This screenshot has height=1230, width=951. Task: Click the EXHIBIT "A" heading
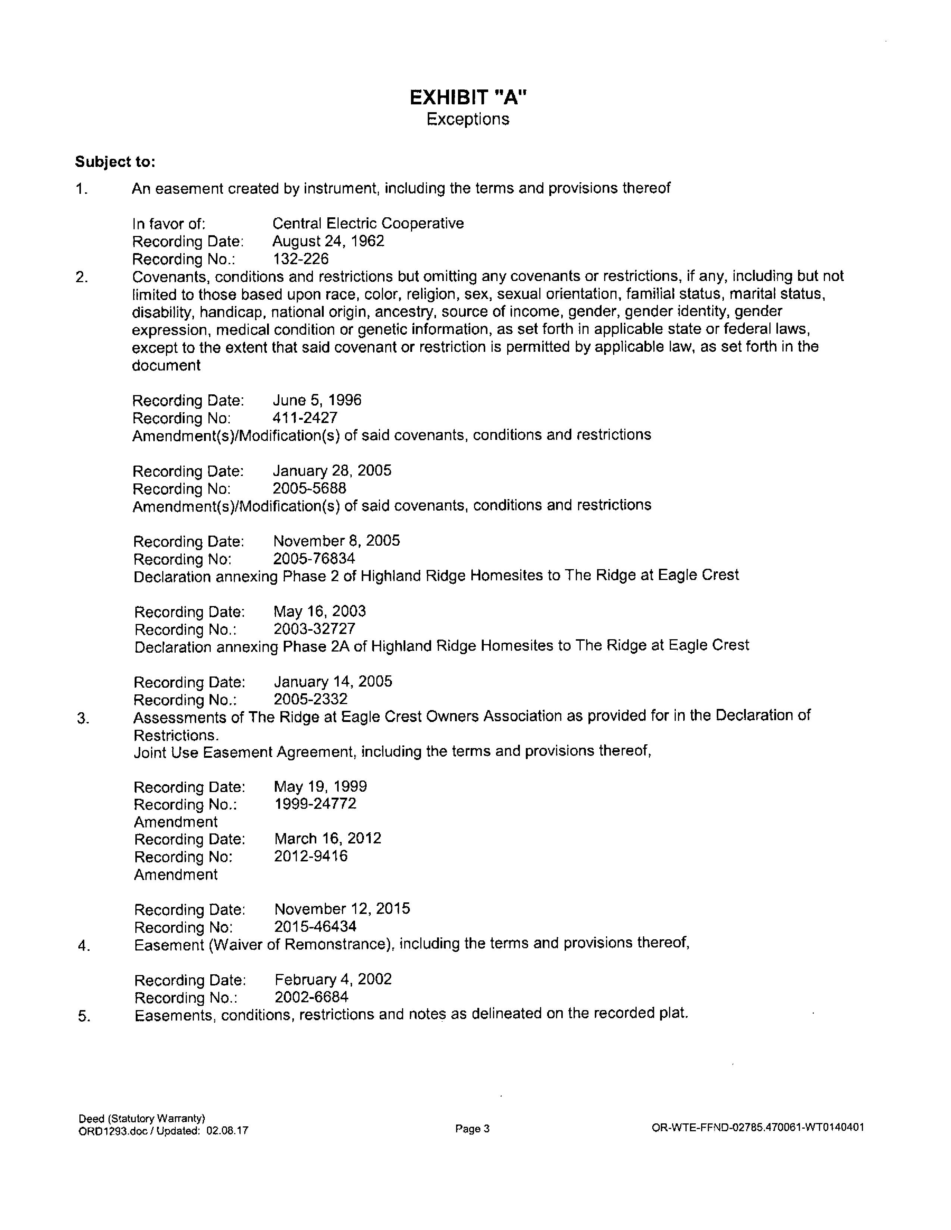pos(468,98)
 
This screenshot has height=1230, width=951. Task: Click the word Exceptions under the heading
pos(468,119)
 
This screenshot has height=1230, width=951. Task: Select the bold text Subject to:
pos(115,162)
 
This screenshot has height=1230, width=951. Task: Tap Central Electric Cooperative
pos(368,224)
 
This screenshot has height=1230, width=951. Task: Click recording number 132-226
pos(300,259)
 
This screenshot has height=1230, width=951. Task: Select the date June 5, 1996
pos(317,400)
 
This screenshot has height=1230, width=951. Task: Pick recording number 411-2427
pos(305,418)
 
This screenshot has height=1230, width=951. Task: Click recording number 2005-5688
pos(309,488)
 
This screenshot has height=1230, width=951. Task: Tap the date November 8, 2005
pos(336,541)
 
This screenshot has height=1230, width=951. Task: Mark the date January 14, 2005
pos(333,682)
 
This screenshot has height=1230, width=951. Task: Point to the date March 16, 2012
pos(328,839)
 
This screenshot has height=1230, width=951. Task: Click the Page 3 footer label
pos(472,1129)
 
